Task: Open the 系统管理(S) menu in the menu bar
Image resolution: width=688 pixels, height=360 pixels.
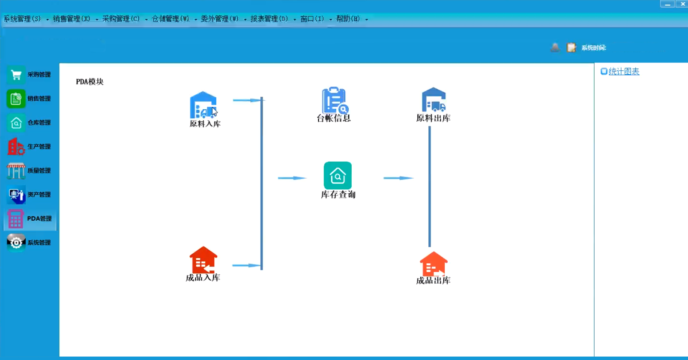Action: coord(22,19)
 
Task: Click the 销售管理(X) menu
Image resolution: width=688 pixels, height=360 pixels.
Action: coord(72,19)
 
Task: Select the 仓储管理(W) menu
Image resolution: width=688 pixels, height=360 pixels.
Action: coord(171,19)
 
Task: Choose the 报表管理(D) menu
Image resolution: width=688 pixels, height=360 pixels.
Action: coord(269,19)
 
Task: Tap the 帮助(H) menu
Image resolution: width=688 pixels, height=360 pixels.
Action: coord(348,19)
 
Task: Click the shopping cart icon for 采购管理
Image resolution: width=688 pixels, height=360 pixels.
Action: coord(16,75)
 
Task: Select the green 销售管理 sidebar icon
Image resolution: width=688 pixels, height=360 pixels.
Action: coord(16,99)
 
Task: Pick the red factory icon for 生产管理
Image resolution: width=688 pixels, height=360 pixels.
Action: coord(16,147)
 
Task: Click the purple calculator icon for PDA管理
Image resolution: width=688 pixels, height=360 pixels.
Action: coord(15,219)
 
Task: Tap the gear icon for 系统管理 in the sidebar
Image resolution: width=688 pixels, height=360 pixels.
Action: coord(16,243)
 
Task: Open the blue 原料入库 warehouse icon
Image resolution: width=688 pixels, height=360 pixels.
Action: coord(203,105)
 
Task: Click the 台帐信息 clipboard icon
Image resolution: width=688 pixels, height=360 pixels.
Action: coord(335,100)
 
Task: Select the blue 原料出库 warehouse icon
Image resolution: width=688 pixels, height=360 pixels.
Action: coord(434,99)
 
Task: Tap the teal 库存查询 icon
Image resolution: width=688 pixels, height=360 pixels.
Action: coord(338,175)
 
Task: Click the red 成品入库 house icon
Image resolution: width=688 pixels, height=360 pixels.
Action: coord(203,260)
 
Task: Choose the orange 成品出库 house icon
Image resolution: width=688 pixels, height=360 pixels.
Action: coord(434,264)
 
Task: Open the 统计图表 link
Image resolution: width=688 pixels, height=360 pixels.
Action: coord(624,72)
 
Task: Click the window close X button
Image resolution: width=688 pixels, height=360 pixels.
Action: coord(682,4)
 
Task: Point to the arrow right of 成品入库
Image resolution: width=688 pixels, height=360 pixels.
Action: coord(247,265)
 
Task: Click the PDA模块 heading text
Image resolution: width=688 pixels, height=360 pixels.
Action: coord(90,82)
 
